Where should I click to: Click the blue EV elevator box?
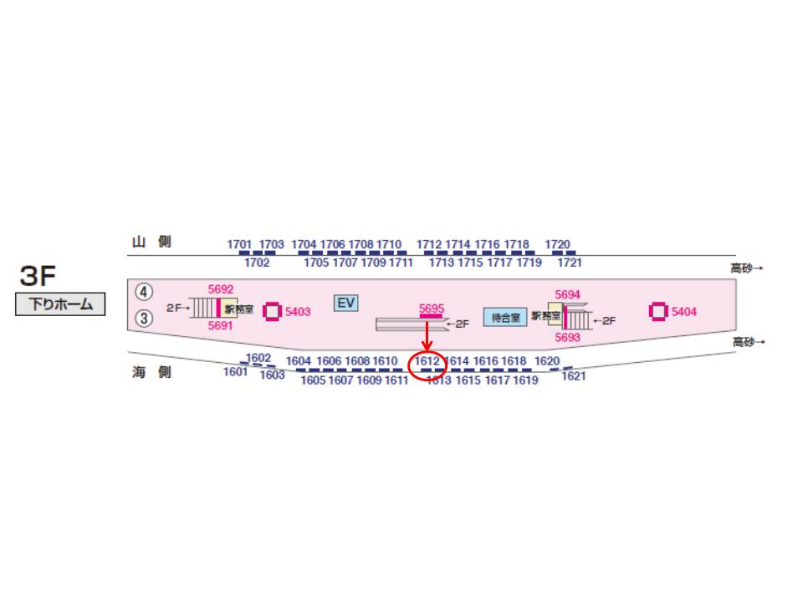(x=346, y=303)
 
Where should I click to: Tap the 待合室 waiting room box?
(x=505, y=318)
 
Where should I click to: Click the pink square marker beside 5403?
(x=272, y=312)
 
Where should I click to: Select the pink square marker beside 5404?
(x=658, y=312)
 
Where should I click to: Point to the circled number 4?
(x=145, y=292)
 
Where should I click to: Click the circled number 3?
(x=145, y=318)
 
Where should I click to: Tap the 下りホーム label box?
(x=60, y=304)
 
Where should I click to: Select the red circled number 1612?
(x=427, y=362)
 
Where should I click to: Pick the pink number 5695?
(x=432, y=309)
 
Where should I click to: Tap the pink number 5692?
(x=221, y=289)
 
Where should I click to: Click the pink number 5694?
(x=567, y=294)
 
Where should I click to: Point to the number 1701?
(x=239, y=245)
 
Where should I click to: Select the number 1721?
(x=570, y=263)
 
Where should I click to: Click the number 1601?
(x=235, y=372)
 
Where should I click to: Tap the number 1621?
(x=574, y=376)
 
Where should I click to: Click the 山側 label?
(x=151, y=242)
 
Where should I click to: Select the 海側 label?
(x=151, y=372)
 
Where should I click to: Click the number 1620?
(x=547, y=361)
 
